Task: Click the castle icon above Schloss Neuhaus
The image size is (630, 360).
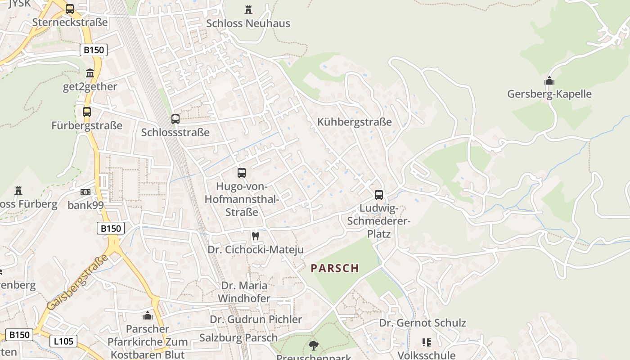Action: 248,9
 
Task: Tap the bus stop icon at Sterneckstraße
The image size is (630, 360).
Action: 70,9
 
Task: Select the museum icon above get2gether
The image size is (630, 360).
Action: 90,73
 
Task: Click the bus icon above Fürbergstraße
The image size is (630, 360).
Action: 87,112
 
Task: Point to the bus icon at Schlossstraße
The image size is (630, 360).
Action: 175,119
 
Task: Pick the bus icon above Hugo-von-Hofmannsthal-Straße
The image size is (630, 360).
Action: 242,172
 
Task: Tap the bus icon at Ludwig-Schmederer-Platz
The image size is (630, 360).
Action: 379,194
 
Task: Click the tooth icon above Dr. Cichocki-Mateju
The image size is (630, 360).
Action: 256,235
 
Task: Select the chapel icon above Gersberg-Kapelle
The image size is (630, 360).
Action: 549,81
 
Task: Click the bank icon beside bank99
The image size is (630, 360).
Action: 85,192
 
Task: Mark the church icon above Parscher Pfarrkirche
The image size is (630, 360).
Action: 148,315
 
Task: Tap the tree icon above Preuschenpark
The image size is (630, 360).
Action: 314,346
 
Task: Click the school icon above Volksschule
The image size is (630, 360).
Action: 426,342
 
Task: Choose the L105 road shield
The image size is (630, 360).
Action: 63,341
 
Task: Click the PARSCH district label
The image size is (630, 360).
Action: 335,268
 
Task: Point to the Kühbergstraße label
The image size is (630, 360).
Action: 354,122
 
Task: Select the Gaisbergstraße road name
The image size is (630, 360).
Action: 78,282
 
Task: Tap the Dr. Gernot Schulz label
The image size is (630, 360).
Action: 423,323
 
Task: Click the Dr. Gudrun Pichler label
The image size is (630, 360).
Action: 256,319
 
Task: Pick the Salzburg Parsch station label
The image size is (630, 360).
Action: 238,337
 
